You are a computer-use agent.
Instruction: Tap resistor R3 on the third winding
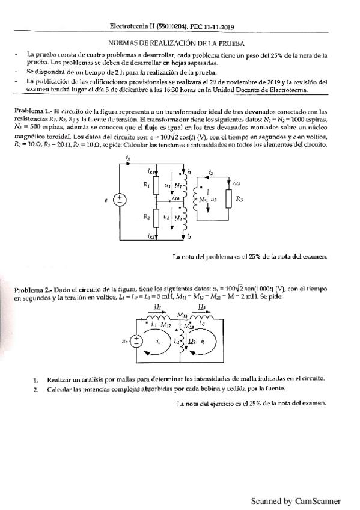(229, 197)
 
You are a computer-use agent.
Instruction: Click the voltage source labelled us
(136, 340)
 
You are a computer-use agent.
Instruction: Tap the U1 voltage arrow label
(158, 307)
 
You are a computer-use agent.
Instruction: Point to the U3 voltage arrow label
(202, 307)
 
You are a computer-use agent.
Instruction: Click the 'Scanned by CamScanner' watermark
(295, 500)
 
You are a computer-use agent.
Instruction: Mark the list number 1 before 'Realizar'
(36, 379)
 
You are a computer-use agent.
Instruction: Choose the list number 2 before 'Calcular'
(36, 389)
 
